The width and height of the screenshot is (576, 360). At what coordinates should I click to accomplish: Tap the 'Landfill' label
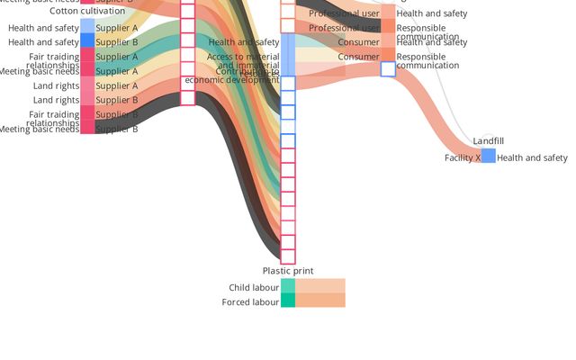click(x=489, y=141)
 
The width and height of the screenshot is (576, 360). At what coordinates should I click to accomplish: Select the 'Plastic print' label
click(x=288, y=271)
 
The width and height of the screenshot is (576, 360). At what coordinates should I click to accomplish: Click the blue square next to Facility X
click(x=489, y=156)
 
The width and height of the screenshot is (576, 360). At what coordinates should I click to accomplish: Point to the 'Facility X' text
click(x=462, y=158)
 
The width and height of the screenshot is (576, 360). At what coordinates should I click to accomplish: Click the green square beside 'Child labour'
click(x=288, y=286)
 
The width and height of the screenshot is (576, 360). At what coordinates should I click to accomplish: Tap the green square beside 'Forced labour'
click(x=288, y=301)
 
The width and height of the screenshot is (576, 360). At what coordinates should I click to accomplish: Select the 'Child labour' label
click(x=254, y=288)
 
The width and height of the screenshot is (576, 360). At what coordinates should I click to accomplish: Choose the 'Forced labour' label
click(x=250, y=302)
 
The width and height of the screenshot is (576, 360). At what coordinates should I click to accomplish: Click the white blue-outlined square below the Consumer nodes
click(x=388, y=69)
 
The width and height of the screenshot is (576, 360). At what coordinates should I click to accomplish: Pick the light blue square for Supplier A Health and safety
click(x=87, y=26)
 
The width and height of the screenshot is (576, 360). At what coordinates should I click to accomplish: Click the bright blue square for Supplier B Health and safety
click(x=87, y=40)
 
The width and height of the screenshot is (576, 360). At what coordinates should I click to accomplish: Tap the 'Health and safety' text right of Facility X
click(x=532, y=158)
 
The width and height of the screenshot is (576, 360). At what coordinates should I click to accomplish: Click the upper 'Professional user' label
click(x=344, y=13)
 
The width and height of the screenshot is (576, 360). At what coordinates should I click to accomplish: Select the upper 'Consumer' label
click(x=358, y=42)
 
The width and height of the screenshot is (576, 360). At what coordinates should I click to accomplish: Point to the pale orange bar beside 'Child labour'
click(x=320, y=286)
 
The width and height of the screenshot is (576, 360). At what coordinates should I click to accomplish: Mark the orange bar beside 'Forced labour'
click(x=320, y=301)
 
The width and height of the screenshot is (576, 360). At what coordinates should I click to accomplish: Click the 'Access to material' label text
click(x=243, y=58)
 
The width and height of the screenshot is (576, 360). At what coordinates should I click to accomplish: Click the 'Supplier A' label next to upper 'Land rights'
click(x=117, y=86)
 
